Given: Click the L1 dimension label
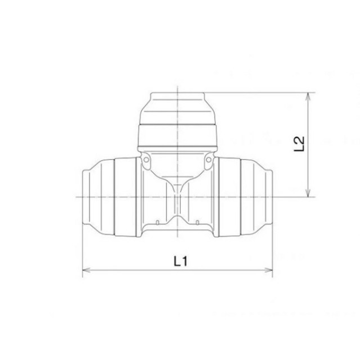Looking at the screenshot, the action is [181, 261].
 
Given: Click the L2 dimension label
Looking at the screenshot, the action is [299, 144].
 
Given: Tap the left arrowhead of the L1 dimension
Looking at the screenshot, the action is [86, 270].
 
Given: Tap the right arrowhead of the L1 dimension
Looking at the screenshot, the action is [269, 270].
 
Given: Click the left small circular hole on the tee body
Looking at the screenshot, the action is [146, 160].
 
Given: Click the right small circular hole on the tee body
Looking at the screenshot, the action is [209, 160].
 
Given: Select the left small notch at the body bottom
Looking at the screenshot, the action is [157, 222].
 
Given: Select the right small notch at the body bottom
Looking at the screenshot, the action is [197, 222].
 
